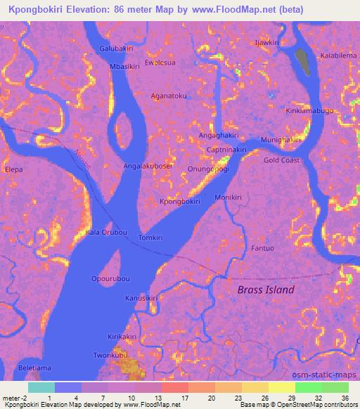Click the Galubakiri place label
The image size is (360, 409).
click(116, 48)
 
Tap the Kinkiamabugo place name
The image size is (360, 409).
click(309, 111)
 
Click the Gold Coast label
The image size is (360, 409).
click(281, 160)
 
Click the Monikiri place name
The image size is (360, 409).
click(228, 197)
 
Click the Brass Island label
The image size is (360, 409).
click(266, 290)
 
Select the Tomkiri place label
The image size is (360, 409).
click(150, 238)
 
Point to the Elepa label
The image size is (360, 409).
click(14, 169)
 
